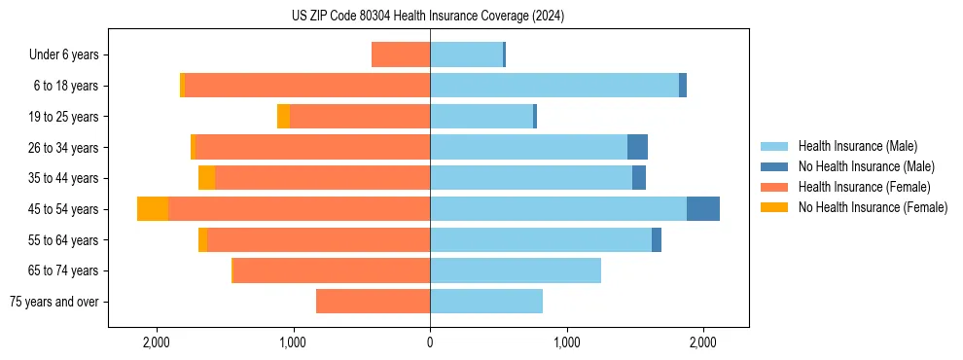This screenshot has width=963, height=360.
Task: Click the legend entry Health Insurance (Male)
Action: pos(857,146)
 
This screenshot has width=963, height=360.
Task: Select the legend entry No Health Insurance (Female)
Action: pos(873,207)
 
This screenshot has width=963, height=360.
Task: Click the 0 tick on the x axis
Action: pos(430,342)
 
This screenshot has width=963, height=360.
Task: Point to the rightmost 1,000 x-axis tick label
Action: pos(567,342)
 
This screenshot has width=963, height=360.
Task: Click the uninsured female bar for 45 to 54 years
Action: pos(153,209)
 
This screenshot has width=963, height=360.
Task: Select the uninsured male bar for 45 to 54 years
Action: pos(703,209)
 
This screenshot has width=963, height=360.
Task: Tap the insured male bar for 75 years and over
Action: pos(486,302)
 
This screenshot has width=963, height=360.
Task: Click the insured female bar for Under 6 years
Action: pos(401,55)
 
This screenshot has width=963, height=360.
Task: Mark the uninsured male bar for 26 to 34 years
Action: pos(637,148)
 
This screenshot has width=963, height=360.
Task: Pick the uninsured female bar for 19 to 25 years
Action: pos(283,117)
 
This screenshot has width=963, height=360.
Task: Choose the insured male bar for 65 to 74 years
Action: pos(516,270)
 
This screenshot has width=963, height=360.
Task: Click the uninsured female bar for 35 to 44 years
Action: pos(206,178)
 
